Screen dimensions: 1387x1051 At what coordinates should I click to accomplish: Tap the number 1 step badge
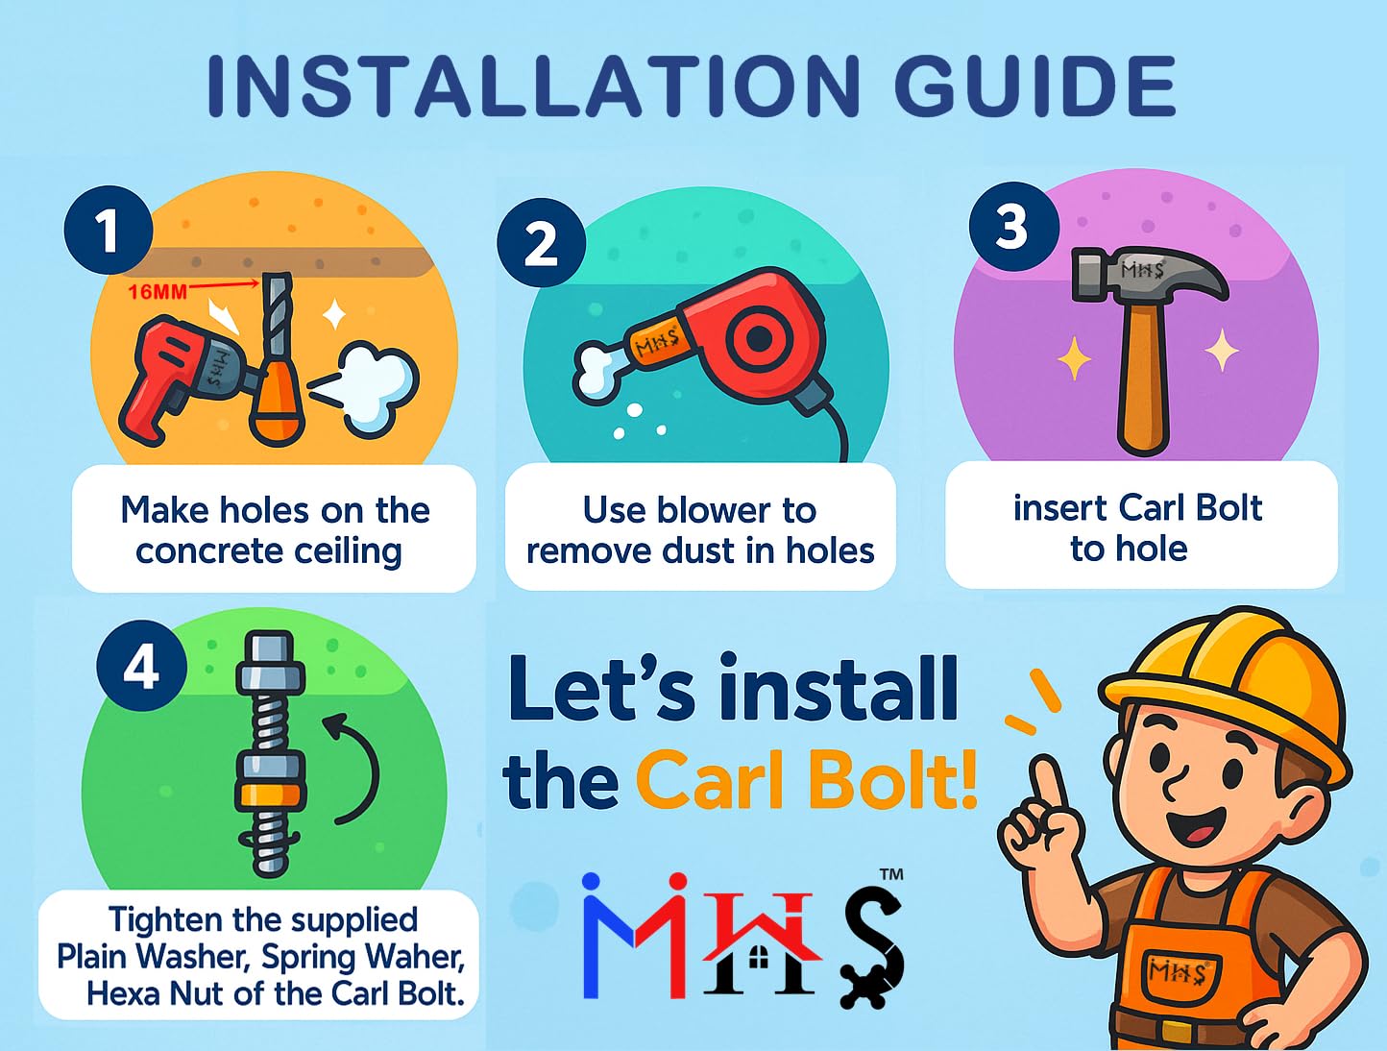click(109, 230)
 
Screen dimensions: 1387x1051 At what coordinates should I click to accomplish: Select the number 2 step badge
click(541, 243)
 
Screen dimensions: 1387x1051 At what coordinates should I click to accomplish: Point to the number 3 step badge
click(1013, 227)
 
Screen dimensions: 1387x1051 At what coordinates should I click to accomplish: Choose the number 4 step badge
click(141, 666)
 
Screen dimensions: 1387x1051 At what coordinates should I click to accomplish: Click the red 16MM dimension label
click(158, 292)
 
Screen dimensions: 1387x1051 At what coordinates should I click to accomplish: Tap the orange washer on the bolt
click(271, 793)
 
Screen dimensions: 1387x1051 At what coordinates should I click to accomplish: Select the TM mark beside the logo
click(891, 874)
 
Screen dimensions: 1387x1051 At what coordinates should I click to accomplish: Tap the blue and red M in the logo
click(634, 937)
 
